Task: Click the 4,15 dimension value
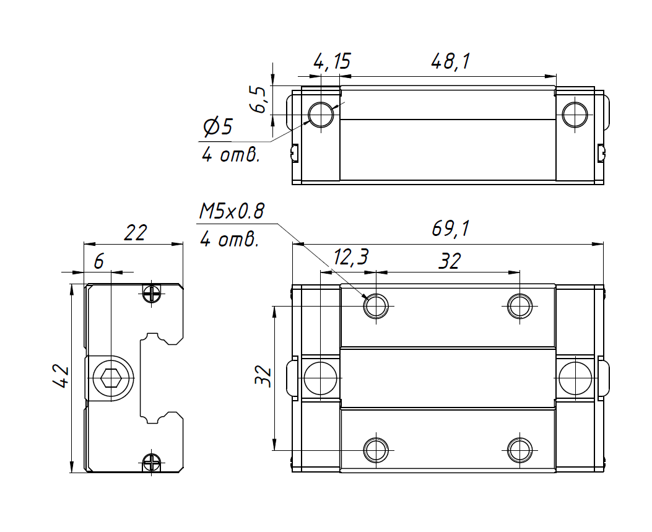tap(332, 61)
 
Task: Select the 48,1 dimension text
tap(450, 61)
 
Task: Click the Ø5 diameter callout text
tap(217, 128)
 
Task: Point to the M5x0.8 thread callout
tap(231, 212)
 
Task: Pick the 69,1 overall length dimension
tap(450, 229)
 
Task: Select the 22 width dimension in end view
tap(135, 233)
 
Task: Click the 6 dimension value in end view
tap(98, 262)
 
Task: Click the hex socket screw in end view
tap(110, 377)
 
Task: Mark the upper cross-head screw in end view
tap(152, 292)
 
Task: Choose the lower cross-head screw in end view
tap(152, 462)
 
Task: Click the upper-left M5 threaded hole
tap(376, 305)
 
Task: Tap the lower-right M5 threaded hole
tap(519, 450)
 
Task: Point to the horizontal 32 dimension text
tap(450, 261)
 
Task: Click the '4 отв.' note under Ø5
tap(230, 154)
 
